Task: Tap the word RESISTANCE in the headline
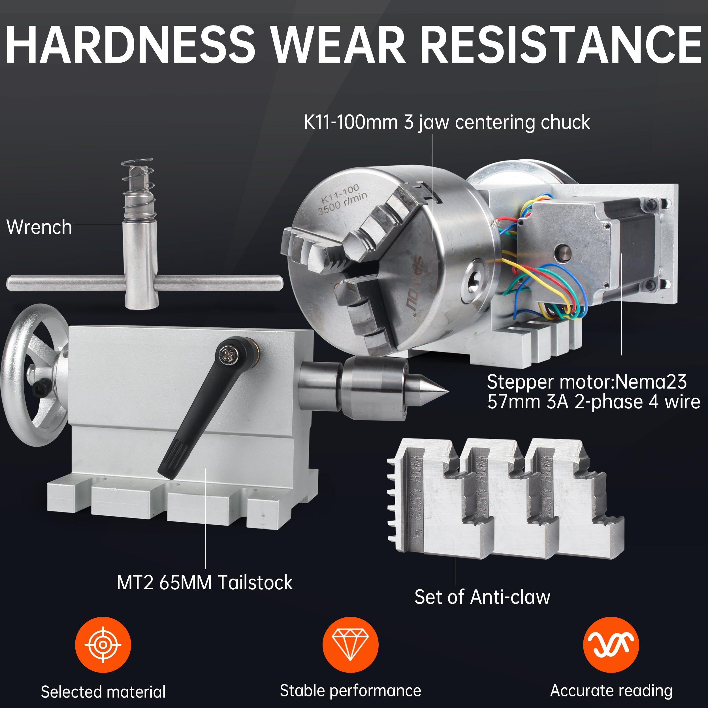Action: coord(561,45)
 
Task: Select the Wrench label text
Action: coord(39,227)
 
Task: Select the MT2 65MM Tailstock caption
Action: coord(204,582)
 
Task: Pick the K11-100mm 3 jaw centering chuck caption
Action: coord(447,122)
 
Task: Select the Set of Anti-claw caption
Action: coord(482,597)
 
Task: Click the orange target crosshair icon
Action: coord(103,645)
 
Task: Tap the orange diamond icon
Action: coord(350,645)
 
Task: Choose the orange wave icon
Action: coord(611,645)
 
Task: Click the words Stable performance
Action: coord(350,691)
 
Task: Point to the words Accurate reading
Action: coord(611,691)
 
